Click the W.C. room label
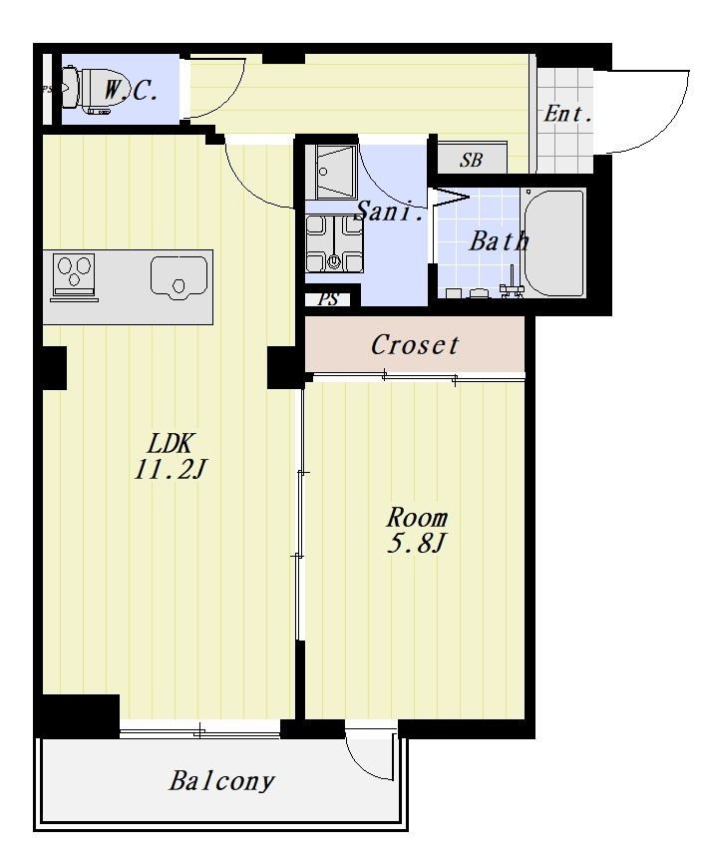pyautogui.click(x=132, y=91)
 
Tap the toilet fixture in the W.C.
pyautogui.click(x=87, y=90)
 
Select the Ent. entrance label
pyautogui.click(x=568, y=114)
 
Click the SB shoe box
pyautogui.click(x=472, y=158)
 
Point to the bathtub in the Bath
pyautogui.click(x=553, y=243)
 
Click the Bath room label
pyautogui.click(x=499, y=241)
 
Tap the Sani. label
pyautogui.click(x=390, y=211)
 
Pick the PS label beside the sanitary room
pyautogui.click(x=328, y=299)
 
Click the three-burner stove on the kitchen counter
pyautogui.click(x=74, y=277)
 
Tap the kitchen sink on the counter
pyautogui.click(x=178, y=278)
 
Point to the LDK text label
pyautogui.click(x=172, y=443)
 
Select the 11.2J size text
pyautogui.click(x=171, y=470)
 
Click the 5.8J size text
pyautogui.click(x=415, y=544)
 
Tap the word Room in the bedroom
pyautogui.click(x=416, y=518)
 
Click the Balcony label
pyautogui.click(x=221, y=781)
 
